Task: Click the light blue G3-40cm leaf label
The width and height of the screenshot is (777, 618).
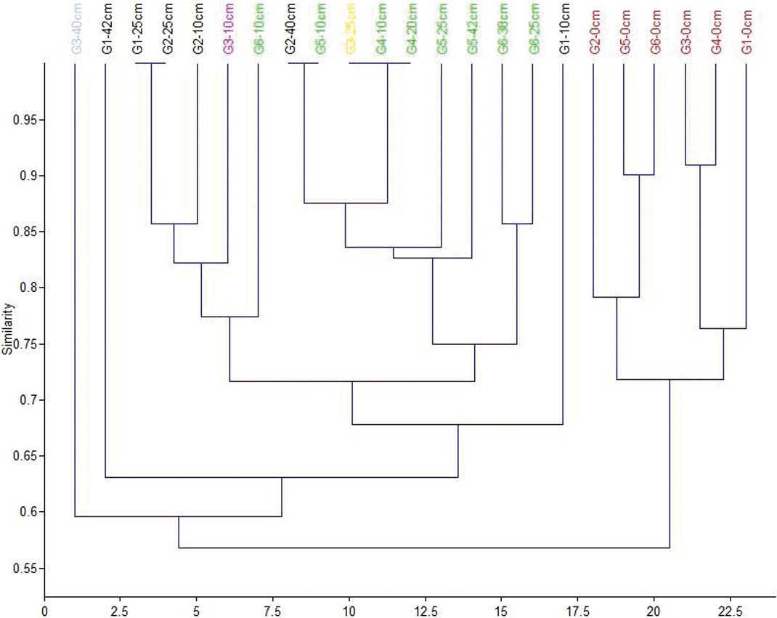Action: (x=76, y=28)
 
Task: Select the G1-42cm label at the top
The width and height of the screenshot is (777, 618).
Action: (x=106, y=28)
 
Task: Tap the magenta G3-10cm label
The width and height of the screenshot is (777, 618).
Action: (x=228, y=28)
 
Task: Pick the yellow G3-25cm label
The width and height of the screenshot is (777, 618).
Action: (x=350, y=28)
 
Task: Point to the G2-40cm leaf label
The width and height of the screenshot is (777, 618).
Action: (x=289, y=28)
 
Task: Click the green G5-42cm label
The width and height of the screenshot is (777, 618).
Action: (x=472, y=28)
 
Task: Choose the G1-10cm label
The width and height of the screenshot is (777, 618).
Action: (x=564, y=28)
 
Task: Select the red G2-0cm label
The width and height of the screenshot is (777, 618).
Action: (x=594, y=28)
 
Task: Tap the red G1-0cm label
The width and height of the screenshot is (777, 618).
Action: (x=747, y=28)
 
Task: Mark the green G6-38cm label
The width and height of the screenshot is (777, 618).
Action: (x=503, y=28)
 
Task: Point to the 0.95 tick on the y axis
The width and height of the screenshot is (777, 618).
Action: (x=26, y=120)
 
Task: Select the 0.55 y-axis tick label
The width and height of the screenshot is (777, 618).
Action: (x=26, y=569)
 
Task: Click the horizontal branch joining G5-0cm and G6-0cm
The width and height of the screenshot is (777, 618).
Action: (x=639, y=175)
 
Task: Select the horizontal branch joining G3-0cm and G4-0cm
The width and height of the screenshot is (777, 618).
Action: (x=700, y=166)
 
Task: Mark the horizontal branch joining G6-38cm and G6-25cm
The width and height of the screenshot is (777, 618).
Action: (x=517, y=224)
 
